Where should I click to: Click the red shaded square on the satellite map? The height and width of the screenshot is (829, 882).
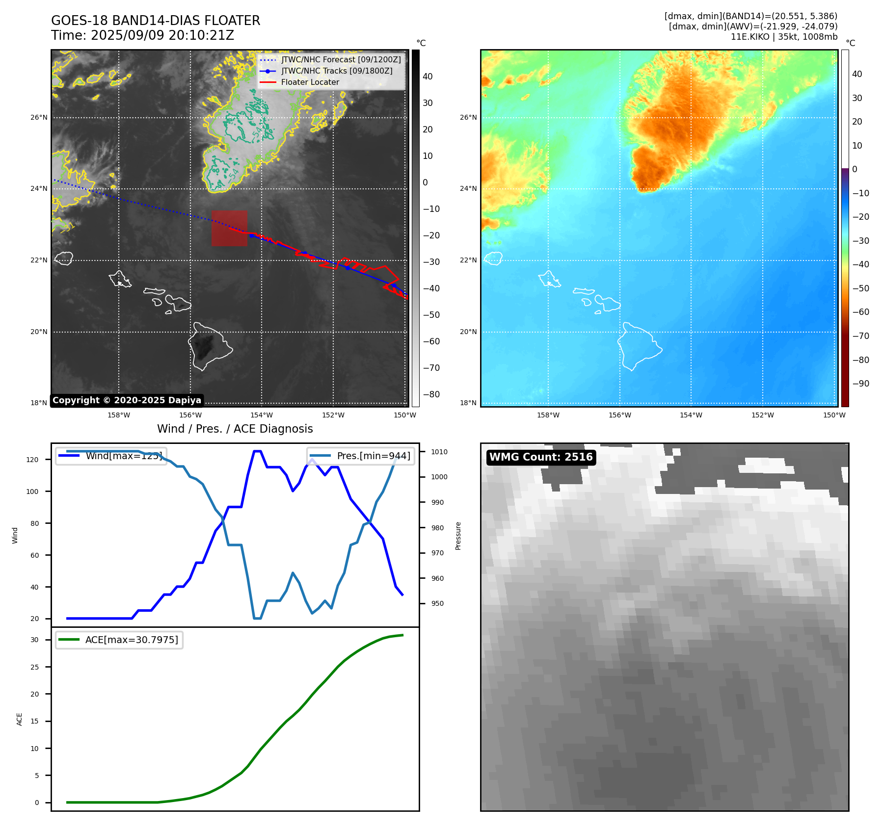(229, 228)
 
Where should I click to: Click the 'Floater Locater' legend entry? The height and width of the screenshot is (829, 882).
(310, 82)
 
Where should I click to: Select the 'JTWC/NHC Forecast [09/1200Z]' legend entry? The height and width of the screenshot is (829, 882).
(341, 60)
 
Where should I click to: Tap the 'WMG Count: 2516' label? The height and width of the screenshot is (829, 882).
(541, 457)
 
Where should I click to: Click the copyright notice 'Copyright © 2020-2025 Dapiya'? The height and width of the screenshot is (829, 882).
(127, 400)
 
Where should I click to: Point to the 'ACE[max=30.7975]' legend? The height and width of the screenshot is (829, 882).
(119, 640)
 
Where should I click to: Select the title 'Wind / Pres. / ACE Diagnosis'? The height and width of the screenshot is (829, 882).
(235, 429)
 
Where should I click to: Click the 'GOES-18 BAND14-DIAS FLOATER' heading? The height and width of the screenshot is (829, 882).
(156, 21)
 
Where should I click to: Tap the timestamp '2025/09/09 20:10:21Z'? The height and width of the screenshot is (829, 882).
(162, 36)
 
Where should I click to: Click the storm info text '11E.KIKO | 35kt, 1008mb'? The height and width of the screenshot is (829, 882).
(784, 37)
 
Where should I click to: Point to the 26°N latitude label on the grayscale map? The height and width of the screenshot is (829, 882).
(39, 118)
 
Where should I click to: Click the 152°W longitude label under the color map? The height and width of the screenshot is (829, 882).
(762, 415)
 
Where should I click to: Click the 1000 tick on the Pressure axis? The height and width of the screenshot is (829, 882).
(439, 477)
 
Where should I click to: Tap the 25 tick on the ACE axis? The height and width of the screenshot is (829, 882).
(34, 667)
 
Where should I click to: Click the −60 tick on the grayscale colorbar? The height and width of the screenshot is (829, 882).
(431, 341)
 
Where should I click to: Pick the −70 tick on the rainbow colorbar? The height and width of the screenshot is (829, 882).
(860, 336)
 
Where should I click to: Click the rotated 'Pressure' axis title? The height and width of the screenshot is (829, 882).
(458, 536)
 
